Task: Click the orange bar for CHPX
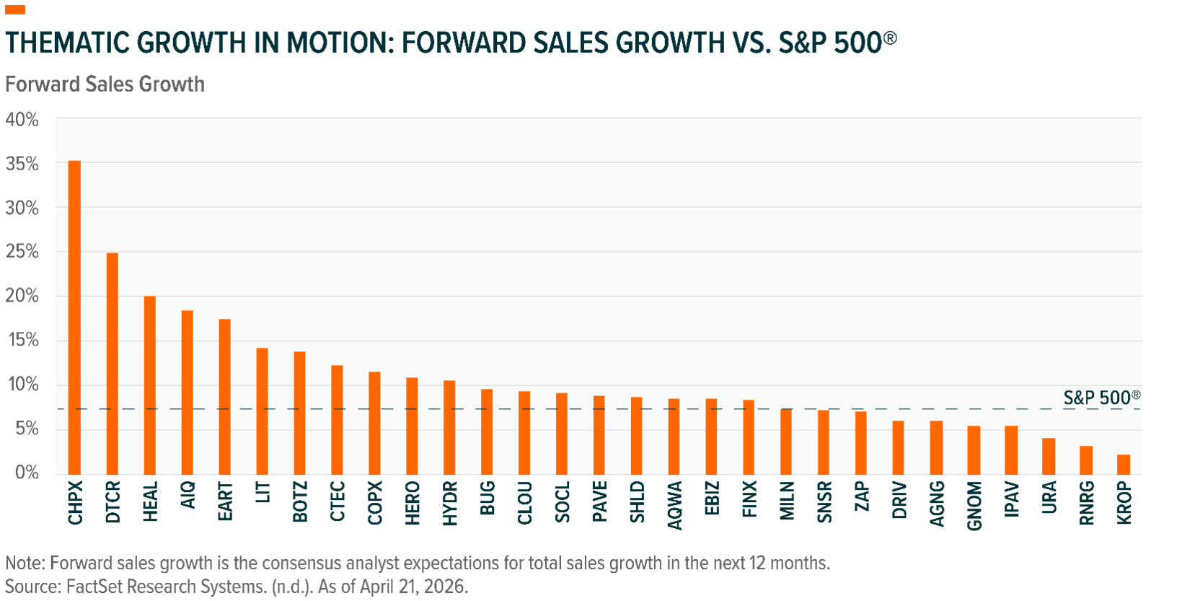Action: (x=74, y=317)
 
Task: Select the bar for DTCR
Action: (x=112, y=364)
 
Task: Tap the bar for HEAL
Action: (x=149, y=385)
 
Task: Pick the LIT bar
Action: (x=262, y=411)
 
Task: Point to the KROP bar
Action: (x=1124, y=465)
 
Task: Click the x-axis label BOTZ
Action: (x=300, y=502)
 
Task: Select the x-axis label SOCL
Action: (x=563, y=502)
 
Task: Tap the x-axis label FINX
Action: (x=750, y=500)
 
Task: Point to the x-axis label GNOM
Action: (x=974, y=506)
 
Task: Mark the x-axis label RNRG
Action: (x=1087, y=504)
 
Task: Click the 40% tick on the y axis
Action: (x=22, y=120)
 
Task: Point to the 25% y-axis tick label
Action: (x=22, y=253)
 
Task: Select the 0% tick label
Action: (x=25, y=473)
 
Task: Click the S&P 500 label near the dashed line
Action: (x=1101, y=398)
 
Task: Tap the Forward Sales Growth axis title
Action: (x=105, y=84)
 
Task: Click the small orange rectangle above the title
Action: (x=15, y=10)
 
